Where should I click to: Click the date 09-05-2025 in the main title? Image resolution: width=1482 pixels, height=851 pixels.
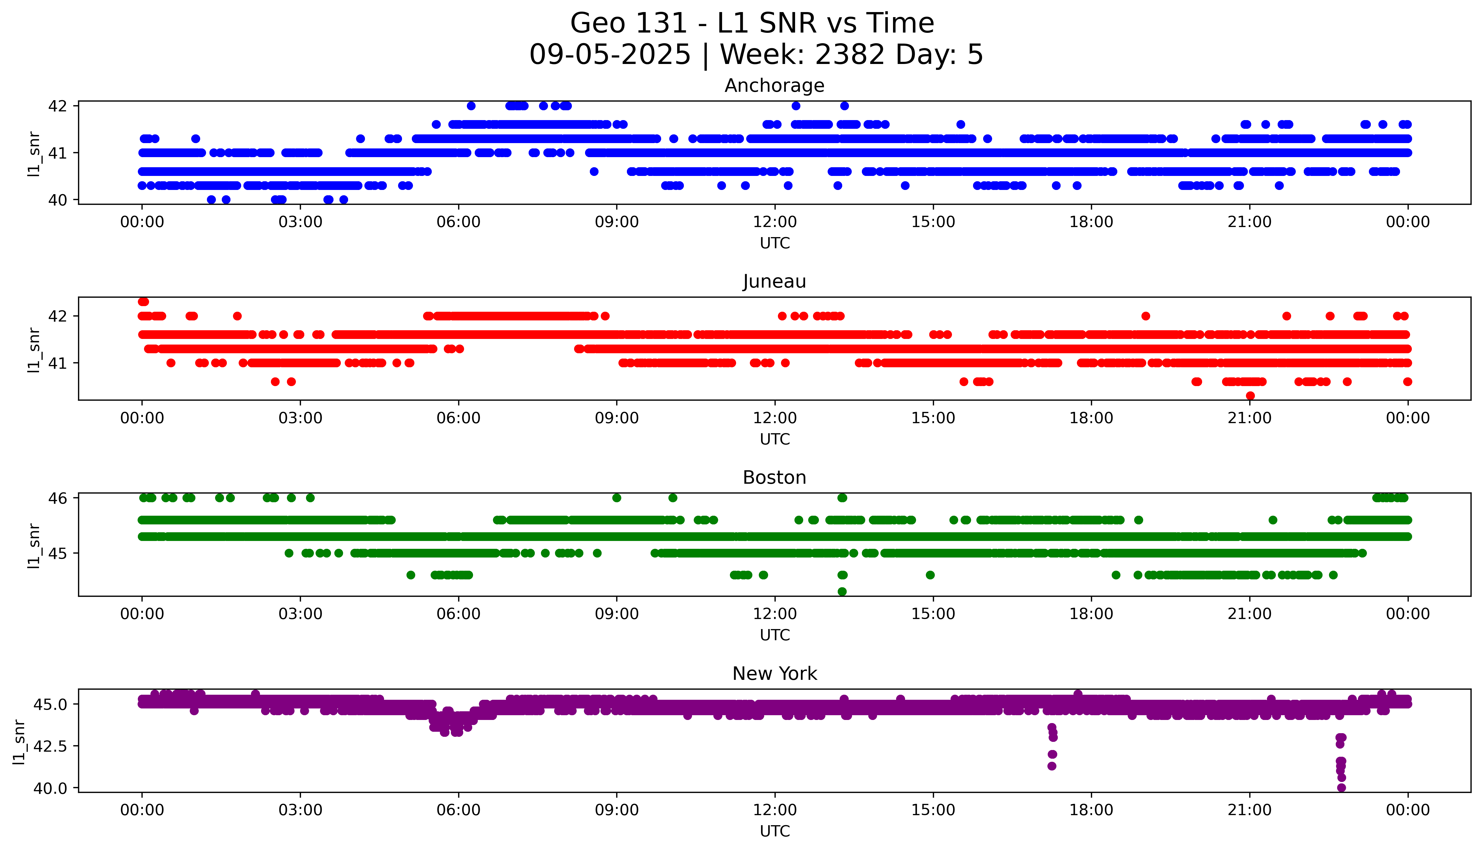pos(610,55)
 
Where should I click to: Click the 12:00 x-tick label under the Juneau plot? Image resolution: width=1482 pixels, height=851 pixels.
pos(775,418)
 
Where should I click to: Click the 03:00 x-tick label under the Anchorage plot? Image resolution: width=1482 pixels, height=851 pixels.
pos(300,222)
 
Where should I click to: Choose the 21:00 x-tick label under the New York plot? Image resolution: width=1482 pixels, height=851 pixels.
pos(1249,810)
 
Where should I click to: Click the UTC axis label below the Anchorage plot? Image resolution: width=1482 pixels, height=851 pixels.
pos(775,243)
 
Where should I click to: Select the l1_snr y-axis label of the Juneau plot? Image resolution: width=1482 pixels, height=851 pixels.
pos(34,350)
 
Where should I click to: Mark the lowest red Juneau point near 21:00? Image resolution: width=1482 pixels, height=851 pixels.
pos(1250,396)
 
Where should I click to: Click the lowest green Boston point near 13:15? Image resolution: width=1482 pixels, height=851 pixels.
pos(842,591)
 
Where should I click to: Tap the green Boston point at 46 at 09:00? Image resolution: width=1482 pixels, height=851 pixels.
pos(616,498)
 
